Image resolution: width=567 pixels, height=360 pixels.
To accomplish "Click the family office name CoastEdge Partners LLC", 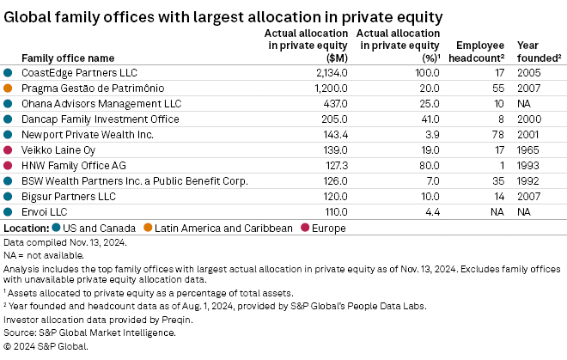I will point(79,73).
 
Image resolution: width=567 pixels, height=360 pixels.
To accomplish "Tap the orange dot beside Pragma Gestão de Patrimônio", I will point(8,88).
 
